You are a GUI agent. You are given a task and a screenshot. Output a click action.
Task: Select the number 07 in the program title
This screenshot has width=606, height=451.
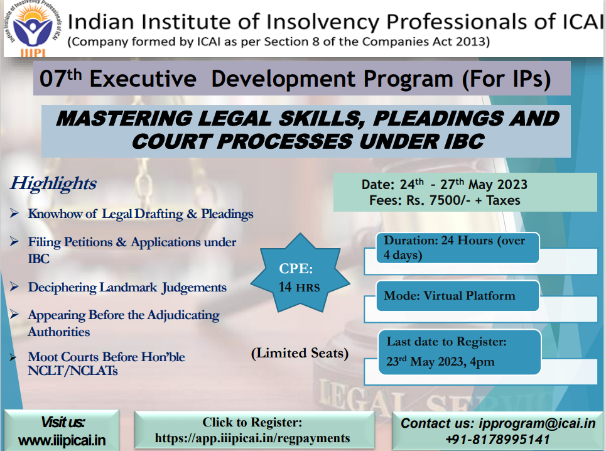point(53,79)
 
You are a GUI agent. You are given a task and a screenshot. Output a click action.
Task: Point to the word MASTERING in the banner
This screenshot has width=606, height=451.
point(124,118)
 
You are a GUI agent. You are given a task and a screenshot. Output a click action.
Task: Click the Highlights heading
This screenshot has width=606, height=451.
point(53,183)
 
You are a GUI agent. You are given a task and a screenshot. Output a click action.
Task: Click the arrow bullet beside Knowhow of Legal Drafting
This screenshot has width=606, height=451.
point(14,214)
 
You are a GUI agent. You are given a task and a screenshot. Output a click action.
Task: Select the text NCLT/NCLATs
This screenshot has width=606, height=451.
point(73,371)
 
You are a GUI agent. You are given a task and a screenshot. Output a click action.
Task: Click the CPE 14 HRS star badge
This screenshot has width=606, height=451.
point(300,273)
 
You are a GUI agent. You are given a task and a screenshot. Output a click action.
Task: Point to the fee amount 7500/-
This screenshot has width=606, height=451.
point(449,200)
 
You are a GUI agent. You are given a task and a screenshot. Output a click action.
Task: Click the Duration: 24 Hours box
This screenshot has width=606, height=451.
point(458,247)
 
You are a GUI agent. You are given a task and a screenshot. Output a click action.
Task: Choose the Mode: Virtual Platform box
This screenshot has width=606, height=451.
point(458,296)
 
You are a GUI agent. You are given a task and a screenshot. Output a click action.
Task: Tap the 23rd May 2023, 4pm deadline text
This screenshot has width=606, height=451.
point(440,362)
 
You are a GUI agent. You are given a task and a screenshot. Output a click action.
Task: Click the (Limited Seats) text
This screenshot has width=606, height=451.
point(300,353)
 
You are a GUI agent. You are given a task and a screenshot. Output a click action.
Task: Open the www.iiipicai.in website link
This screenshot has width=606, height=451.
point(62,440)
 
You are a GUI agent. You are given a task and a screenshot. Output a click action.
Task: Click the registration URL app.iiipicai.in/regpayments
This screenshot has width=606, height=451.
point(252,438)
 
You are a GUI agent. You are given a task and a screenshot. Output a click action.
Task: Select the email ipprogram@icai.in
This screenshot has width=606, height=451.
point(537,423)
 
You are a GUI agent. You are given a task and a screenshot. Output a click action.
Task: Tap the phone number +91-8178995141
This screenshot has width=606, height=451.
point(497,440)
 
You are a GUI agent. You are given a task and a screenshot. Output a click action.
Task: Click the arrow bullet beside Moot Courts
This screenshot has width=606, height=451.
point(14,357)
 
